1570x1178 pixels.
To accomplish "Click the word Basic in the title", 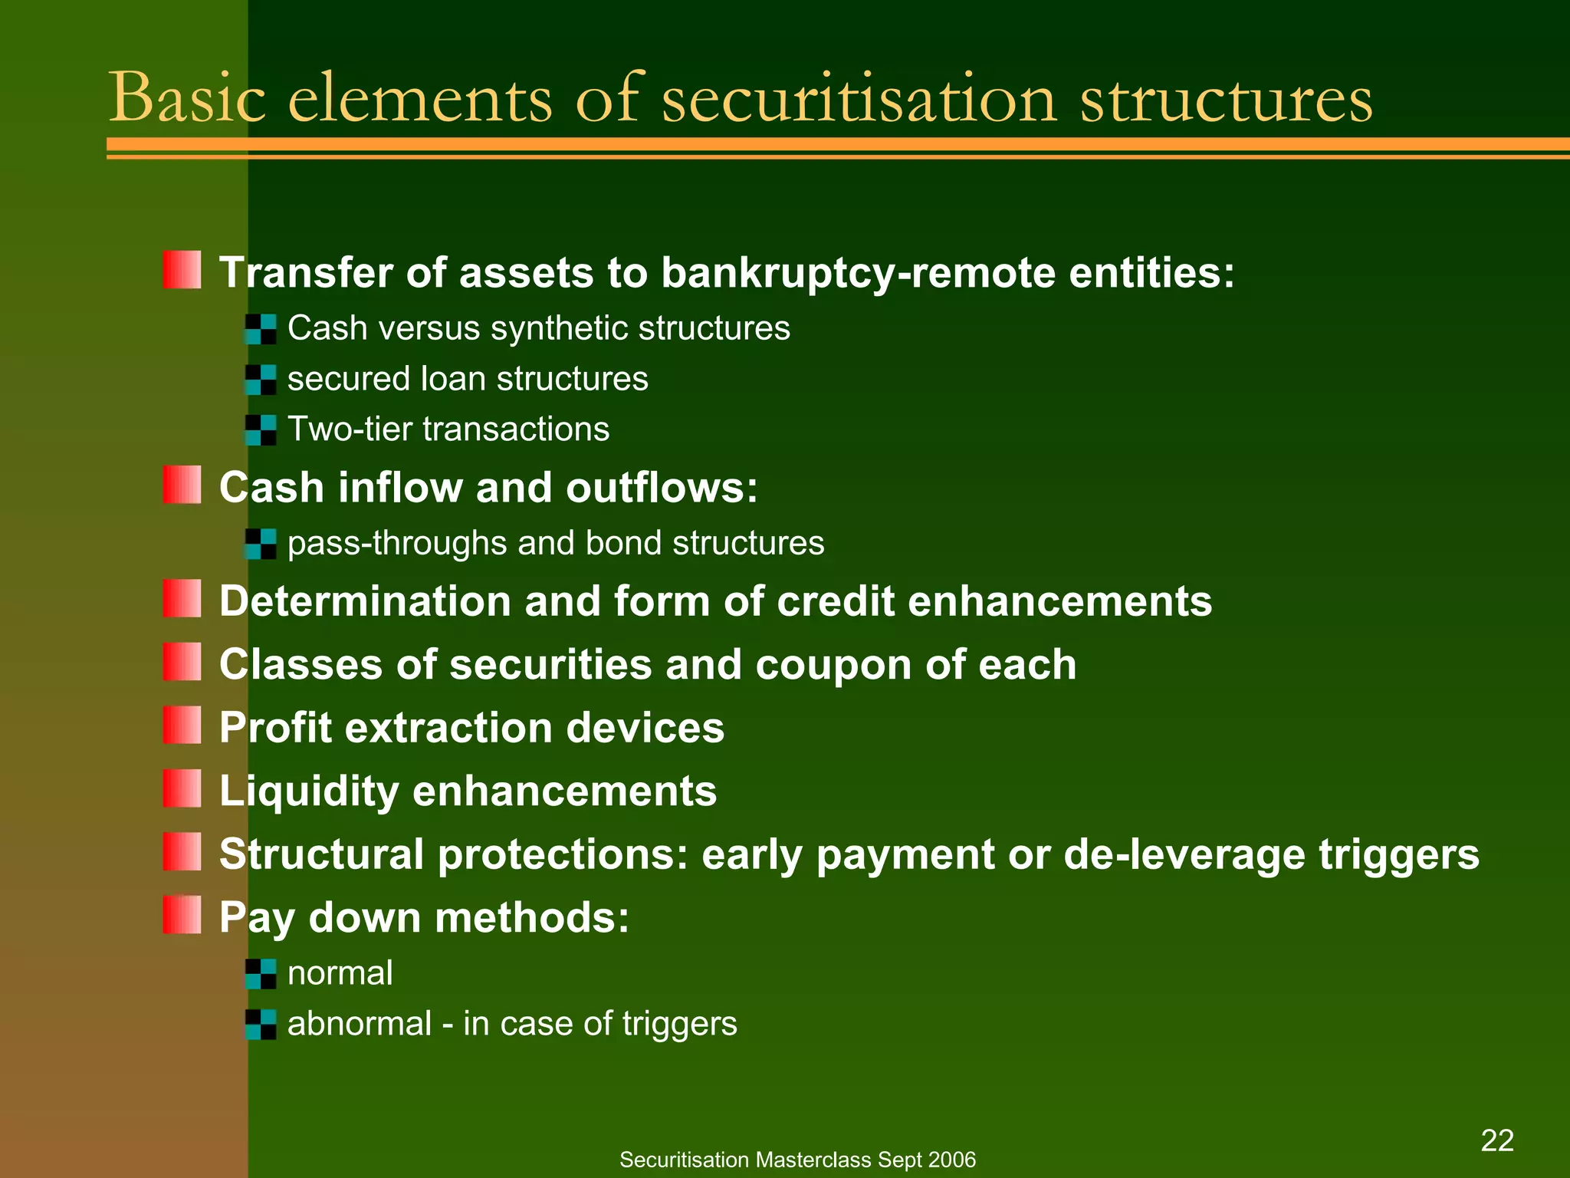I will (x=187, y=98).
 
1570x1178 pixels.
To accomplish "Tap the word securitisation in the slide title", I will (x=859, y=98).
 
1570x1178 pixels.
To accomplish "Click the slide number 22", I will (x=1496, y=1140).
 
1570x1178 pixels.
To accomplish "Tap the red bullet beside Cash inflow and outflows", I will (x=182, y=485).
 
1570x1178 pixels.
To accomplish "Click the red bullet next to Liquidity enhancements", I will (x=182, y=788).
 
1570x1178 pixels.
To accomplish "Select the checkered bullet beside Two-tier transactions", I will (x=261, y=429).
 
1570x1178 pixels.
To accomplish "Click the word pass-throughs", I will (x=397, y=544).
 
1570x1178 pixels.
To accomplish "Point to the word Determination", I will (x=364, y=601).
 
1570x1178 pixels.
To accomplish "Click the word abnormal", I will (x=359, y=1024).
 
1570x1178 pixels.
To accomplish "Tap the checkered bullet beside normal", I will (x=261, y=974).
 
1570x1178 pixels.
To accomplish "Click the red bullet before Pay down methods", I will (x=182, y=915).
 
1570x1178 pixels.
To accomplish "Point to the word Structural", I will (x=321, y=854).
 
